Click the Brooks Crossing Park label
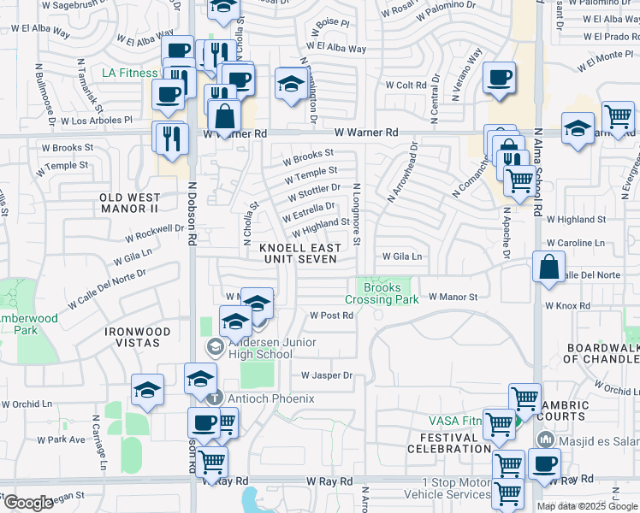(382, 293)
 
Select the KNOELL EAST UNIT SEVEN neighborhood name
(299, 253)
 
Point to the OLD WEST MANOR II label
(129, 203)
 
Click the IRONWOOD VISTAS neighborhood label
(132, 336)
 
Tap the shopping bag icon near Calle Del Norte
(548, 266)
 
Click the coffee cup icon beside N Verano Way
(499, 78)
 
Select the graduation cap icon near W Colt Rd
(291, 84)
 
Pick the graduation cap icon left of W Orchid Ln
(147, 390)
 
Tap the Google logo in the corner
(27, 503)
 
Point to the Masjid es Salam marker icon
(543, 439)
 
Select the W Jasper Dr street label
(327, 375)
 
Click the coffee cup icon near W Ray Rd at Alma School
(543, 465)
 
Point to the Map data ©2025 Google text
(587, 506)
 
